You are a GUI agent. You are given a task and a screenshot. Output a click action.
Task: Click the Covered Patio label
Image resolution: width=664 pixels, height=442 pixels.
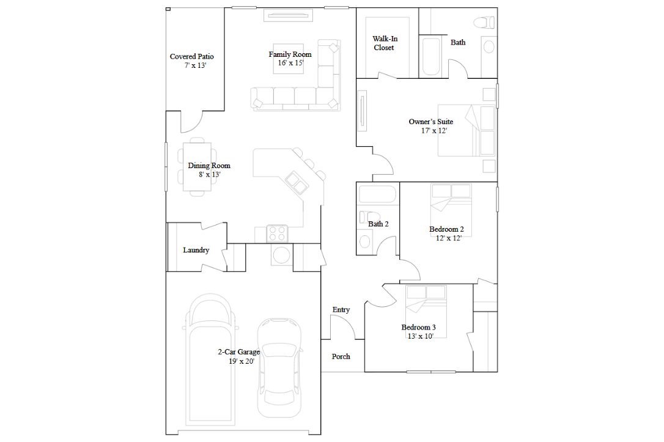[191, 57]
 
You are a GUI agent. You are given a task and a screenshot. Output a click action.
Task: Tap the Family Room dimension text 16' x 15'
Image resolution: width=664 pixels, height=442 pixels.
[290, 63]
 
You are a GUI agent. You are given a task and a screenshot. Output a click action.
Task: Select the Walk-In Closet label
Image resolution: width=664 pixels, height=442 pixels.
[384, 43]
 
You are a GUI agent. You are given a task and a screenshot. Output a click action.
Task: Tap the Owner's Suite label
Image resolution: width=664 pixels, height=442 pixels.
[430, 122]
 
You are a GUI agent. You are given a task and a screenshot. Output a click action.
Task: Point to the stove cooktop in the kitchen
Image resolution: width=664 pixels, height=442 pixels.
[278, 233]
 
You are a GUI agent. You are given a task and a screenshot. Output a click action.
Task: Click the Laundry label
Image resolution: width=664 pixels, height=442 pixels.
[196, 250]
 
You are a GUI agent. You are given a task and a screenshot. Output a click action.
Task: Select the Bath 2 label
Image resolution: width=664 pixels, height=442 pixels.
[378, 224]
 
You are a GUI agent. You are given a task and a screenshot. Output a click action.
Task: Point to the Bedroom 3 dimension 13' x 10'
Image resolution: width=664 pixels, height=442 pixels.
[418, 336]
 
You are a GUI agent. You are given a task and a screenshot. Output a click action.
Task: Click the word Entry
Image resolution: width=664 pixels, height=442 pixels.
[341, 310]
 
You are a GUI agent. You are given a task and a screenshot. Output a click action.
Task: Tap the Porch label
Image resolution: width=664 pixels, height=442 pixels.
[341, 356]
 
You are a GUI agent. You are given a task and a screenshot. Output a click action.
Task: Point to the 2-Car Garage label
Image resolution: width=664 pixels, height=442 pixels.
[238, 352]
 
